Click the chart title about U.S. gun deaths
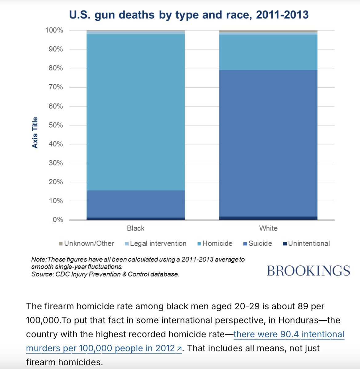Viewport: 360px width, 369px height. click(189, 15)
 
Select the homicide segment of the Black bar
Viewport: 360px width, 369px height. click(136, 112)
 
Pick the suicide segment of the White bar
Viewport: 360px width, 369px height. click(268, 143)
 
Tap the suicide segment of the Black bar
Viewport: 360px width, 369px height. click(136, 204)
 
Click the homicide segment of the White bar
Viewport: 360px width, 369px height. click(268, 52)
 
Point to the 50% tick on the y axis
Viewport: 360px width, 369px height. click(56, 125)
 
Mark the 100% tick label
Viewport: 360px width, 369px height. click(54, 30)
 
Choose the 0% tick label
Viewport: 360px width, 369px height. click(58, 220)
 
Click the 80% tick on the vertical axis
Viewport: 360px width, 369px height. click(56, 68)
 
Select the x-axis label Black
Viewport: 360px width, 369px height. click(136, 228)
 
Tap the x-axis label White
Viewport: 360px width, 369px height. click(268, 228)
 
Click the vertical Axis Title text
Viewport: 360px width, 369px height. click(35, 133)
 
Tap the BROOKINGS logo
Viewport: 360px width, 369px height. click(308, 271)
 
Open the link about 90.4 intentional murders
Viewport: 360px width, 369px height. click(289, 334)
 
